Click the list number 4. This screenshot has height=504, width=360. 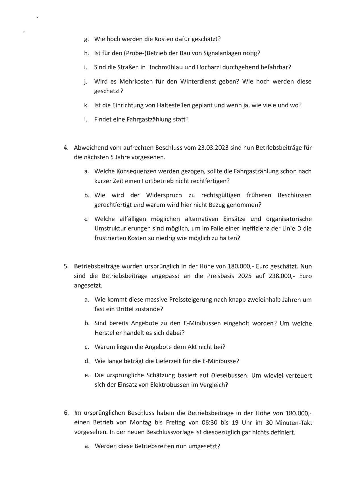tap(66, 148)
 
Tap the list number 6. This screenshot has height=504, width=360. tap(66, 413)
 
